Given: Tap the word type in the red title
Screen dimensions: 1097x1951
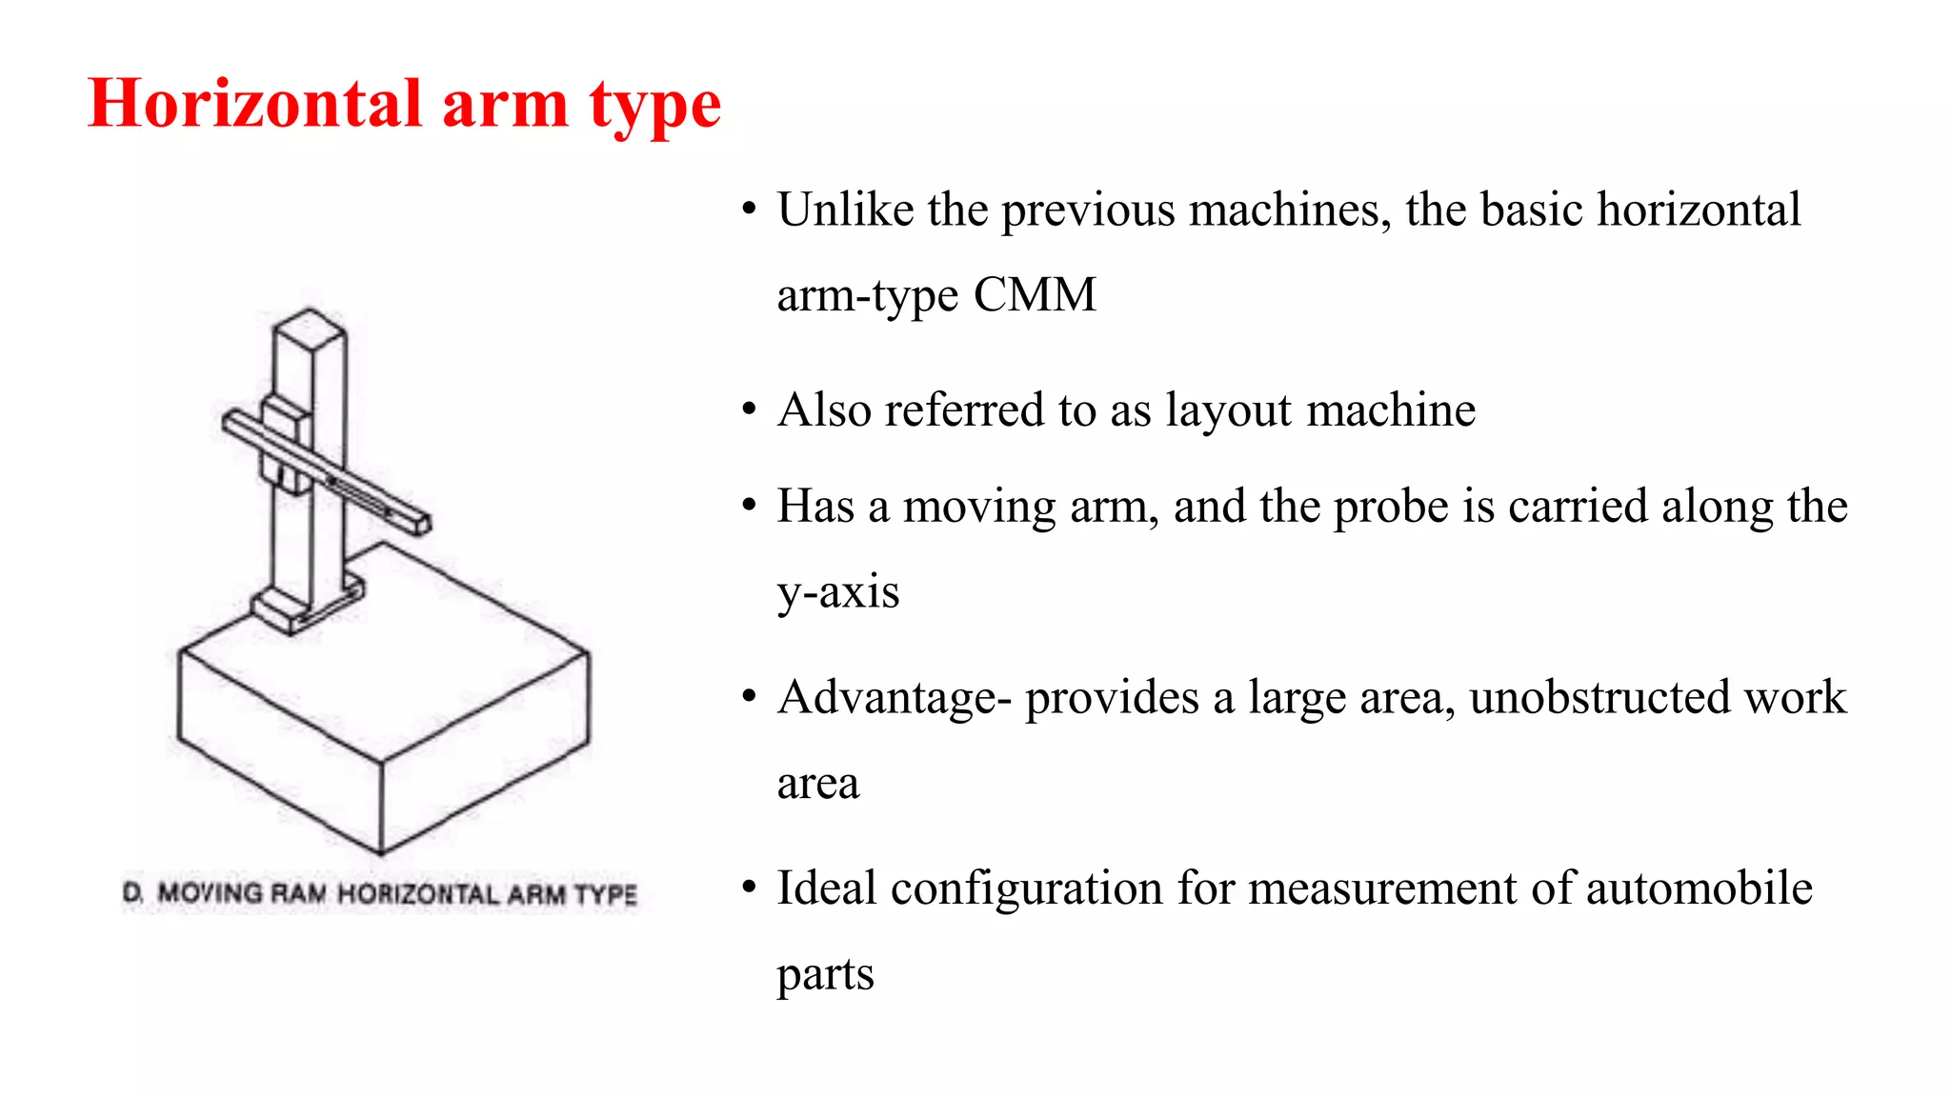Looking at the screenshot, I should (654, 107).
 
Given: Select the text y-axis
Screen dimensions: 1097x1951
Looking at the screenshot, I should (837, 592).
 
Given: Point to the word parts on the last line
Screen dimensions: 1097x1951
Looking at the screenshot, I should (825, 974).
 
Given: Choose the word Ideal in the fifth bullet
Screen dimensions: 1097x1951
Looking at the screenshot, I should (826, 888).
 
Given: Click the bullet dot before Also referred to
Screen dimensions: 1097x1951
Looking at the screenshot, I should (750, 410).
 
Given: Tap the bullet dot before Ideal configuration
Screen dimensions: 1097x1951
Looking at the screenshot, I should (750, 888).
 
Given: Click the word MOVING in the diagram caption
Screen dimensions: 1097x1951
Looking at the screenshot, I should (210, 894).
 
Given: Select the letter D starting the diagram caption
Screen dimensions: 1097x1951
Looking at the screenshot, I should (131, 894).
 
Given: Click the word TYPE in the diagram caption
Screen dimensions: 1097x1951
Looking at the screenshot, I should (606, 894).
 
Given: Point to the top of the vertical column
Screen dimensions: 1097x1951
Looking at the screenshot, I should (309, 320).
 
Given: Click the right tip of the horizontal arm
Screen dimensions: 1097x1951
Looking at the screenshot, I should (423, 523).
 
